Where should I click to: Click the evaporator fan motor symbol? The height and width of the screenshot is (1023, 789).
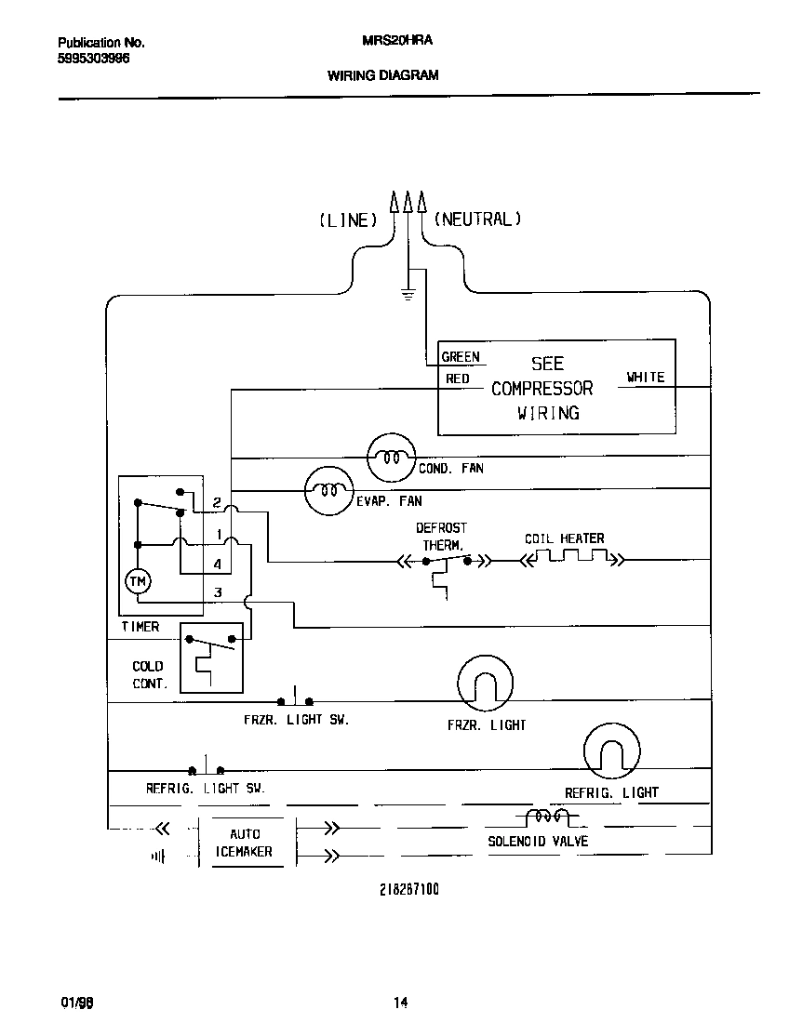point(329,490)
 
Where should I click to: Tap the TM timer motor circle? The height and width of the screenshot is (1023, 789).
point(138,580)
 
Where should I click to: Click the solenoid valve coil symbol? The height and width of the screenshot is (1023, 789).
point(548,818)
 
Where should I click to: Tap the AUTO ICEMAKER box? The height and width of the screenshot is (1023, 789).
point(245,843)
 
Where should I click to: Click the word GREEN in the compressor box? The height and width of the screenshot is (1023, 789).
point(461,357)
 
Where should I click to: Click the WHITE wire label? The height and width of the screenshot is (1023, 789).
point(645,377)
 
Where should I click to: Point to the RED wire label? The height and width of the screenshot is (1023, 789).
point(457,379)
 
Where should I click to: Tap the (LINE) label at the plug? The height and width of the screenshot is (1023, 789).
point(348,220)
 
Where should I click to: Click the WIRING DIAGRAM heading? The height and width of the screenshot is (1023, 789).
point(382,74)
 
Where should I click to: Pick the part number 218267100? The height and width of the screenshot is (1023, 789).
point(408,889)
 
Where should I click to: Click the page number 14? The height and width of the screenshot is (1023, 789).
point(400,1003)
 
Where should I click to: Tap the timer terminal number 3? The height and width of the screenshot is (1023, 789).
point(218,592)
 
